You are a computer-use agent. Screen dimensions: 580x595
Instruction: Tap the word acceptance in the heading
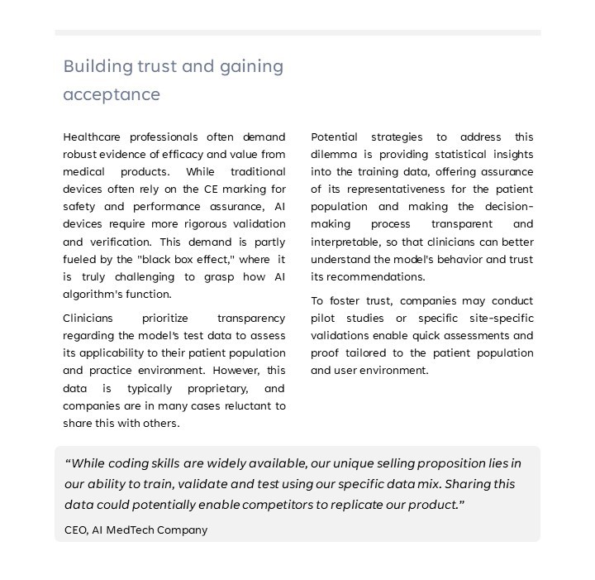(x=112, y=94)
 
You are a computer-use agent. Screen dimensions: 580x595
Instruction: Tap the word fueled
(x=82, y=259)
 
